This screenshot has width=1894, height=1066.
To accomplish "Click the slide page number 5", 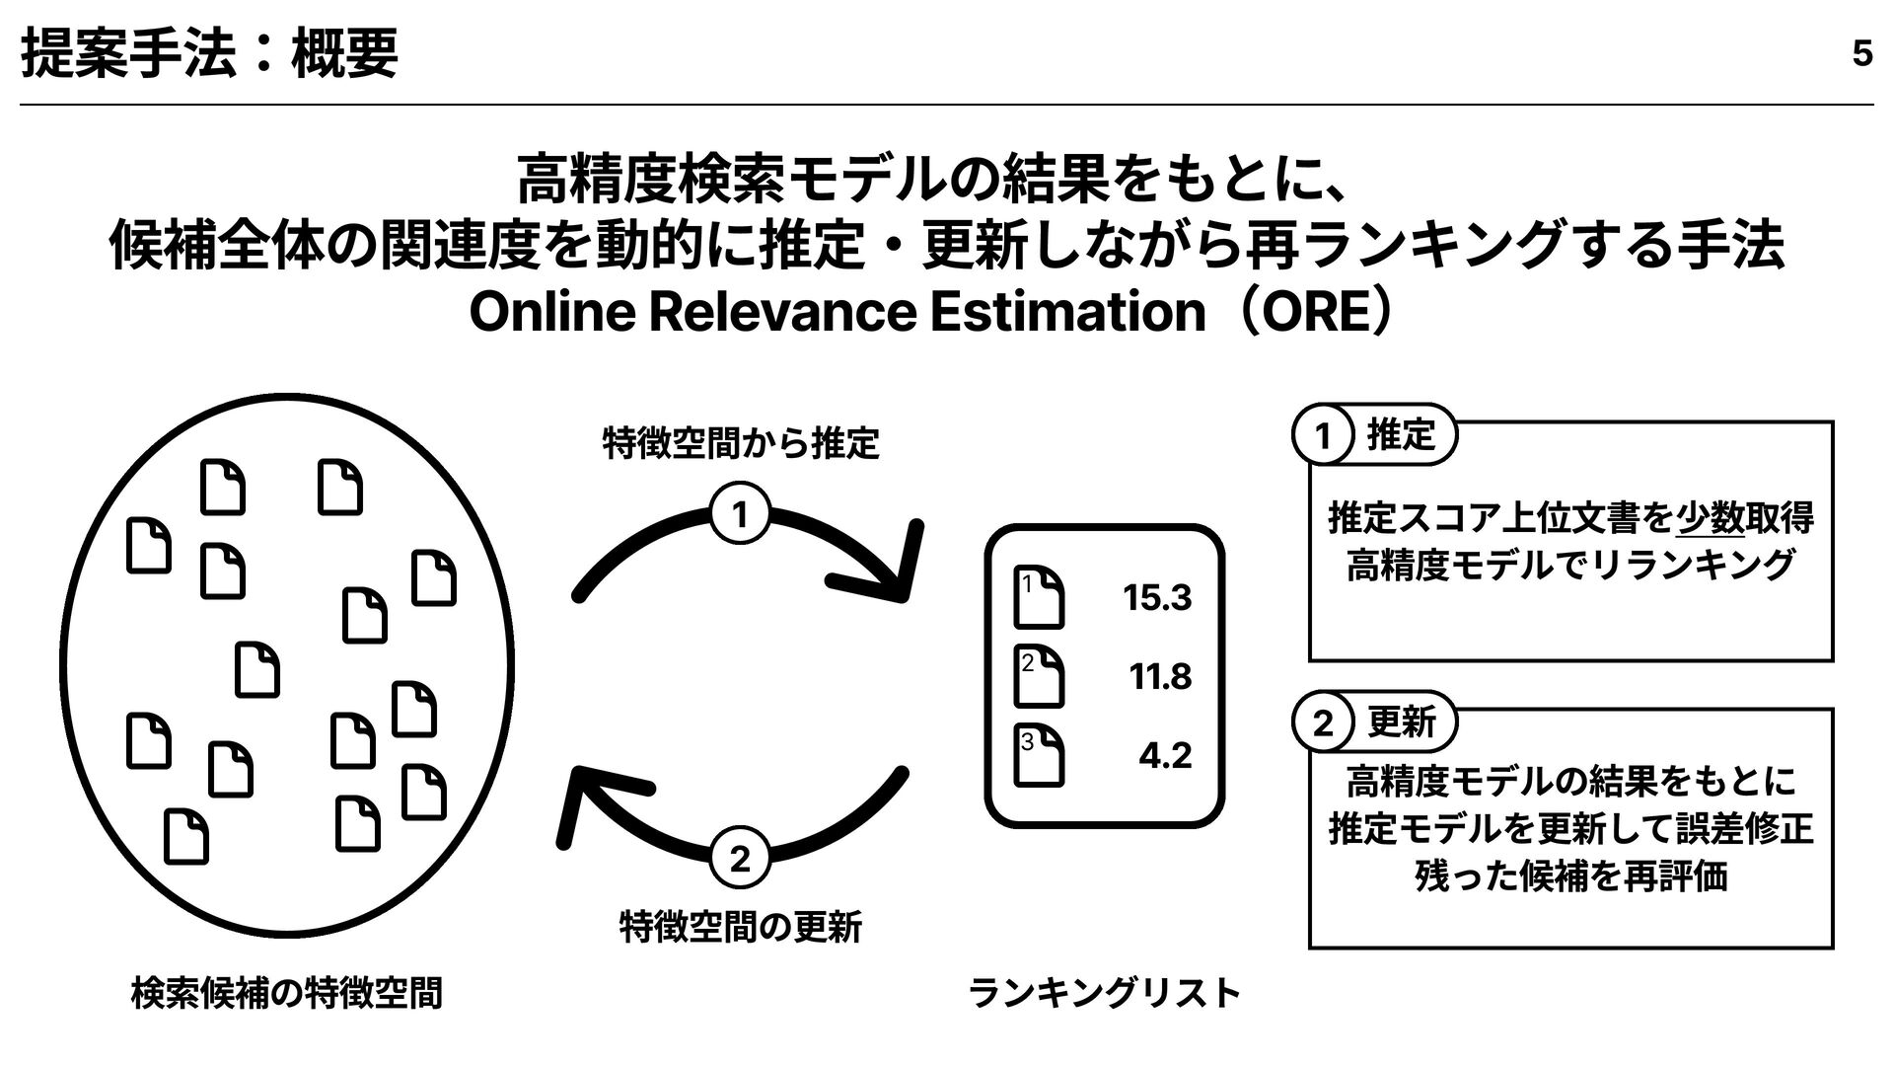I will [1861, 53].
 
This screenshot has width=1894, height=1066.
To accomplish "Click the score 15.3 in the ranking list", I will [1157, 598].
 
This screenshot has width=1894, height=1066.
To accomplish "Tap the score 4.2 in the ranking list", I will [1164, 756].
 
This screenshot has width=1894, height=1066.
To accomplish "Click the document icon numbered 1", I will [1040, 598].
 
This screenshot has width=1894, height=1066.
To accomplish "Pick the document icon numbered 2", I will [1040, 677].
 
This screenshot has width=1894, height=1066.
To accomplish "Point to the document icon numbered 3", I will [1040, 756].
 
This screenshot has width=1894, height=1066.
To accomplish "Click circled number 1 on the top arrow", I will [739, 515].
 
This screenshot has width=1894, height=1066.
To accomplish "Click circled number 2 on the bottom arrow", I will [739, 859].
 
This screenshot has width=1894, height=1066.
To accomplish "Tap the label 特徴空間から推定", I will [740, 444].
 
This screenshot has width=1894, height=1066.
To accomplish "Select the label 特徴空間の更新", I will [740, 927].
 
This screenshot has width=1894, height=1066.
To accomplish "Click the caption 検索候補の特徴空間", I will [286, 993].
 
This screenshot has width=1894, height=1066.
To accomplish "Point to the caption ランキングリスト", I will [1105, 993].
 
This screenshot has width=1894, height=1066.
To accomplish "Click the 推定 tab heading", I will [1400, 434].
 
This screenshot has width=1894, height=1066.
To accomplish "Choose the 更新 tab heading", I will [1401, 723].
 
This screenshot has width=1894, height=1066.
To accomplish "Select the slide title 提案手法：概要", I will [209, 53].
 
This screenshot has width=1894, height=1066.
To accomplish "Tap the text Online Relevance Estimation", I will [837, 314].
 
